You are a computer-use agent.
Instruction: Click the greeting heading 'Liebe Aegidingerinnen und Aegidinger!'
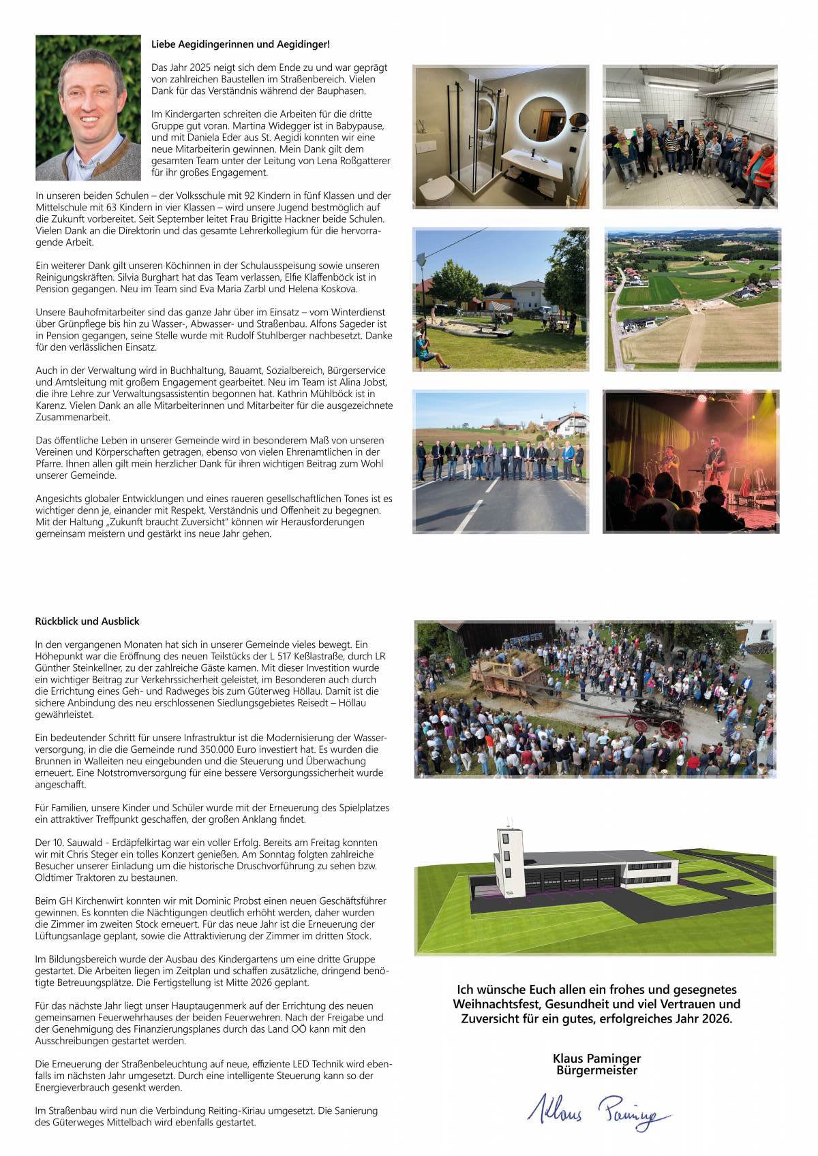tap(240, 44)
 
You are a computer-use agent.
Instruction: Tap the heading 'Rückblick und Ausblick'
tap(87, 621)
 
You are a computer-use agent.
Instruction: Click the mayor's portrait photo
tap(89, 108)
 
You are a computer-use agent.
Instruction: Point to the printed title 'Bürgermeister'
tap(596, 1070)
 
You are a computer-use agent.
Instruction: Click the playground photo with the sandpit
tap(500, 300)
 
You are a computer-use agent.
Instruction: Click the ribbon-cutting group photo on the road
tap(500, 461)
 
